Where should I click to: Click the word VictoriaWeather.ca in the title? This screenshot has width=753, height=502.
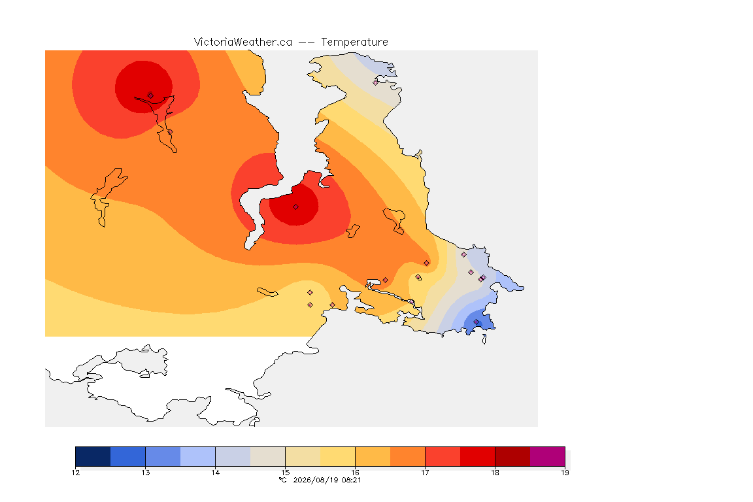(x=243, y=42)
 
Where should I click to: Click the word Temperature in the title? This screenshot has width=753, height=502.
(x=354, y=42)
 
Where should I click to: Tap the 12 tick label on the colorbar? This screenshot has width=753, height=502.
(x=75, y=473)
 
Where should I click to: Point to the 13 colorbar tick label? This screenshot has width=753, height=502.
(x=146, y=473)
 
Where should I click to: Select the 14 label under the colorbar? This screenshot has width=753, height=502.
(x=215, y=473)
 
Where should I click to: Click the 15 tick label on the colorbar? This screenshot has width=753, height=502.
(x=285, y=473)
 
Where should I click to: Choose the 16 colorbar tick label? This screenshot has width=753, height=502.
(x=356, y=473)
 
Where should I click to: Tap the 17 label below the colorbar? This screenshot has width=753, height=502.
(x=425, y=473)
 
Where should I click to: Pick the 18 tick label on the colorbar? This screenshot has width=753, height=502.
(x=495, y=473)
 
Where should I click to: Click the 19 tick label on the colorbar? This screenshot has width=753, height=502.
(x=565, y=473)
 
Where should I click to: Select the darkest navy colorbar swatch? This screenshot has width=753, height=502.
(x=93, y=456)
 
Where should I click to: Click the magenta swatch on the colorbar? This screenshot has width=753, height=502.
(x=548, y=456)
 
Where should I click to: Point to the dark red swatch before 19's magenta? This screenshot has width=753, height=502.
(x=512, y=456)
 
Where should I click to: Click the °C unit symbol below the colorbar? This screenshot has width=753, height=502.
(x=283, y=480)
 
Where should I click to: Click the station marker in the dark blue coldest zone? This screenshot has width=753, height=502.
(x=476, y=322)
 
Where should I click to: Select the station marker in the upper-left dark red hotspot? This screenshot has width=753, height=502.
(x=150, y=95)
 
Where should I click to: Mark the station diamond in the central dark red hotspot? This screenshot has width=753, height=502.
(x=296, y=207)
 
